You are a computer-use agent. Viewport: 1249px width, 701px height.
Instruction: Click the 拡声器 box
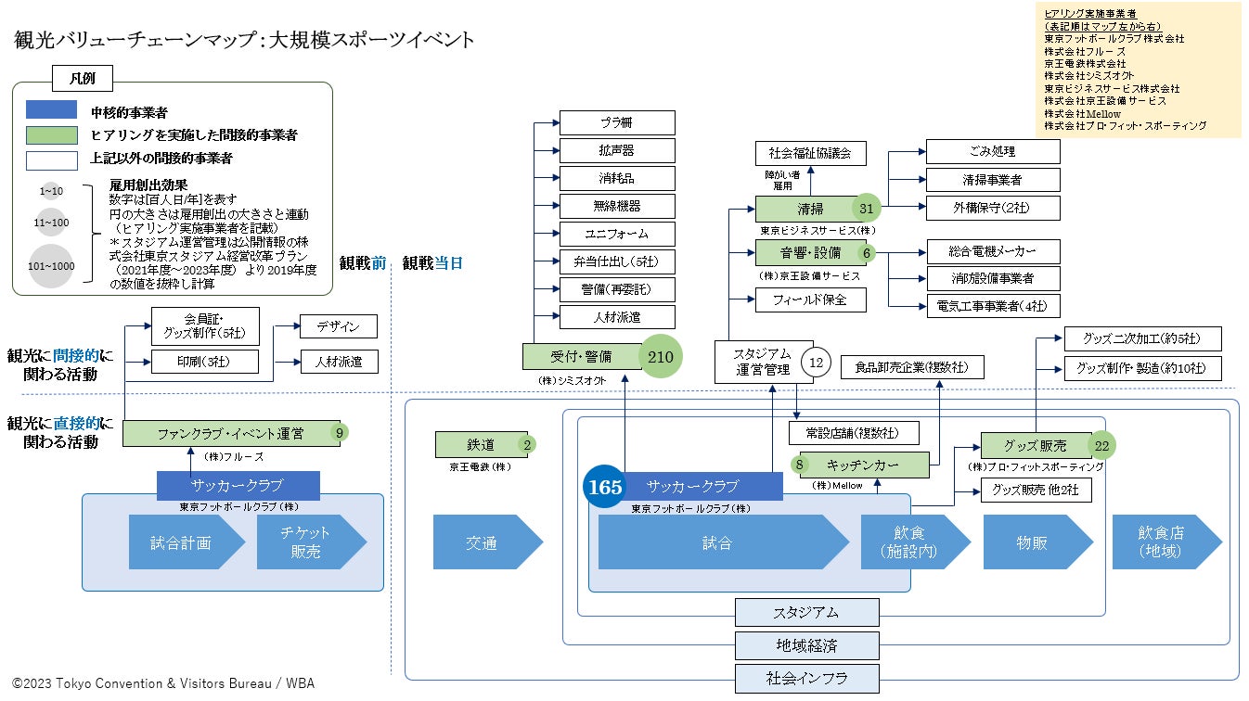(x=617, y=149)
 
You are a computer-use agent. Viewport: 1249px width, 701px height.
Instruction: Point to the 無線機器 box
(x=617, y=206)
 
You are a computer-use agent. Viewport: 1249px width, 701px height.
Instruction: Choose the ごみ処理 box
(x=993, y=151)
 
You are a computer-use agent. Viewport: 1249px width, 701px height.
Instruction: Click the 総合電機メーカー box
(x=993, y=251)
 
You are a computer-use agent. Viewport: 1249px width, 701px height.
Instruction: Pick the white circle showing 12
(x=817, y=363)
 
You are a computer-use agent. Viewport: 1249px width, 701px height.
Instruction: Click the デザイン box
(x=339, y=326)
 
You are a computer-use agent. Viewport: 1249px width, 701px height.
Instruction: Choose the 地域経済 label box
(x=807, y=644)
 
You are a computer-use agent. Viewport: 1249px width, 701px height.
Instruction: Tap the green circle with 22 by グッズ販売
(x=1101, y=446)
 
